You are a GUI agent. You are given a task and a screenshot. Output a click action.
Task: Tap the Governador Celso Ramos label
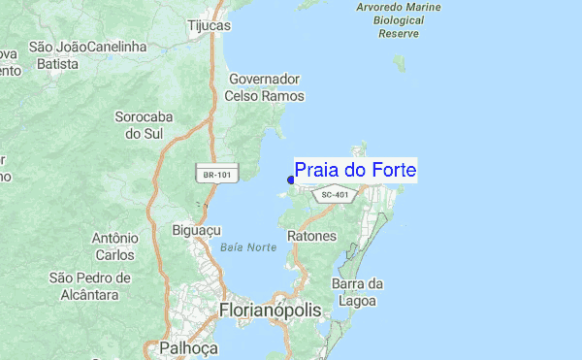pos(265,87)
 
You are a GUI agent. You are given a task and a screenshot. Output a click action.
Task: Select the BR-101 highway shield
pos(217,175)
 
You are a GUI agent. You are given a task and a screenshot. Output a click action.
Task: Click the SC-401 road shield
pos(334,195)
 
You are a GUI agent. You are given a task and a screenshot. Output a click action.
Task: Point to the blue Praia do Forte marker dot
pos(291,180)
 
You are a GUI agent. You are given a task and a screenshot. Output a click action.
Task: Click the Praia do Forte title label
pos(355,171)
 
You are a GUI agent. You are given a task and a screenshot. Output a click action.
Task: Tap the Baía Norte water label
pos(248,247)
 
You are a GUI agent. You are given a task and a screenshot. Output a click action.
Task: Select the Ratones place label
pos(312,236)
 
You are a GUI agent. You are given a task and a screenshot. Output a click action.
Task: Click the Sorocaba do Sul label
pos(143,124)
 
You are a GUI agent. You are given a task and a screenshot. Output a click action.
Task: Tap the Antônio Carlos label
pos(113,246)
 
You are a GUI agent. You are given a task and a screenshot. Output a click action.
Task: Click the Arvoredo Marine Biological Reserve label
pos(398,20)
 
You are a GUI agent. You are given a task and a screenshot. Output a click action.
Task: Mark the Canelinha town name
pos(115,47)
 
